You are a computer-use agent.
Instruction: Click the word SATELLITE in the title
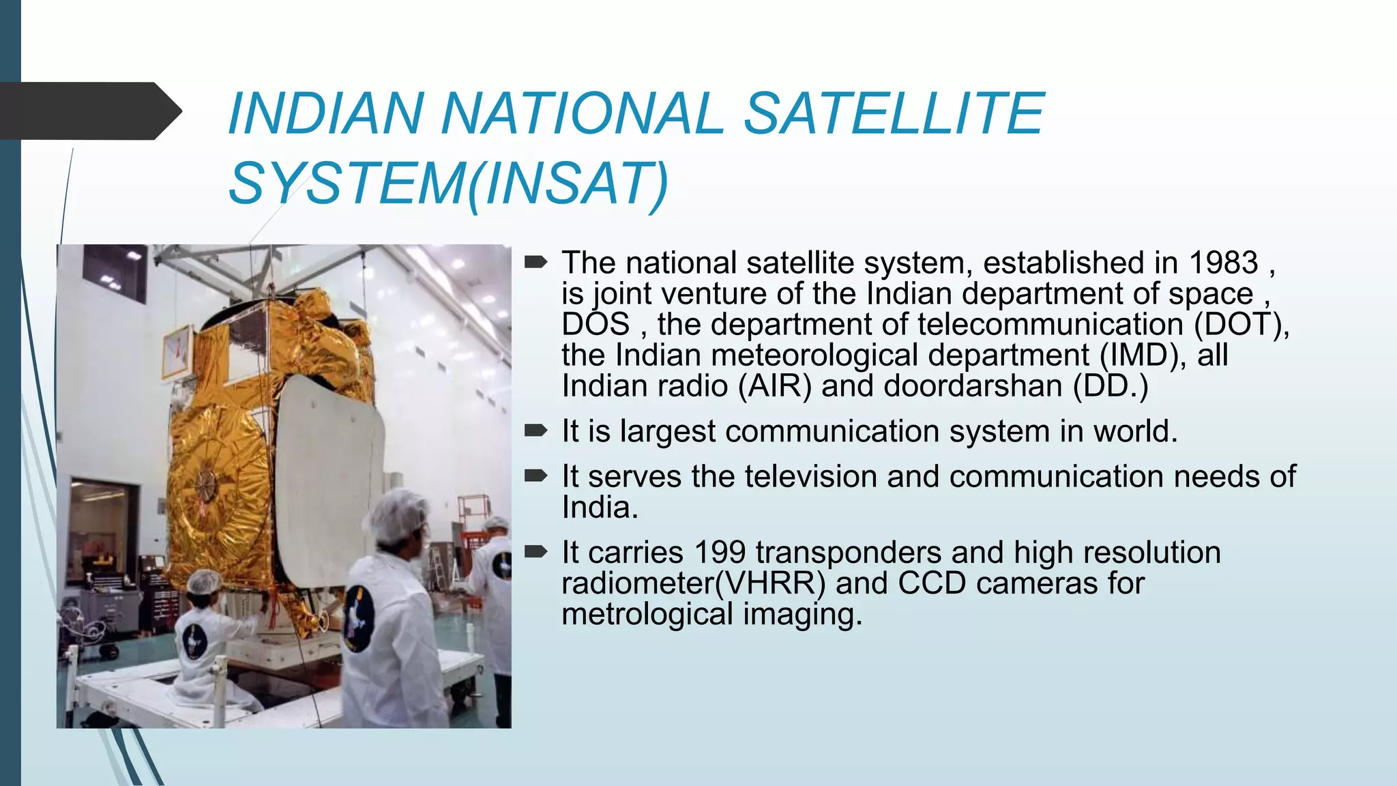pyautogui.click(x=894, y=113)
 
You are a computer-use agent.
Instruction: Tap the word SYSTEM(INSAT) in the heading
pyautogui.click(x=448, y=184)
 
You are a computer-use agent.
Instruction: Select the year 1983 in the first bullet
pyautogui.click(x=1223, y=263)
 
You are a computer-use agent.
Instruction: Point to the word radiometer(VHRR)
pyautogui.click(x=693, y=584)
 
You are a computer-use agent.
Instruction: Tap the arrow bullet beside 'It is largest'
pyautogui.click(x=535, y=431)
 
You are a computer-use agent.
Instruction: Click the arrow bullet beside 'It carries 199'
pyautogui.click(x=535, y=551)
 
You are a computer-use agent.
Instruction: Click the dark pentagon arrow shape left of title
pyautogui.click(x=89, y=111)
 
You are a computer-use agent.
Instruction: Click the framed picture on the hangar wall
pyautogui.click(x=177, y=351)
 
